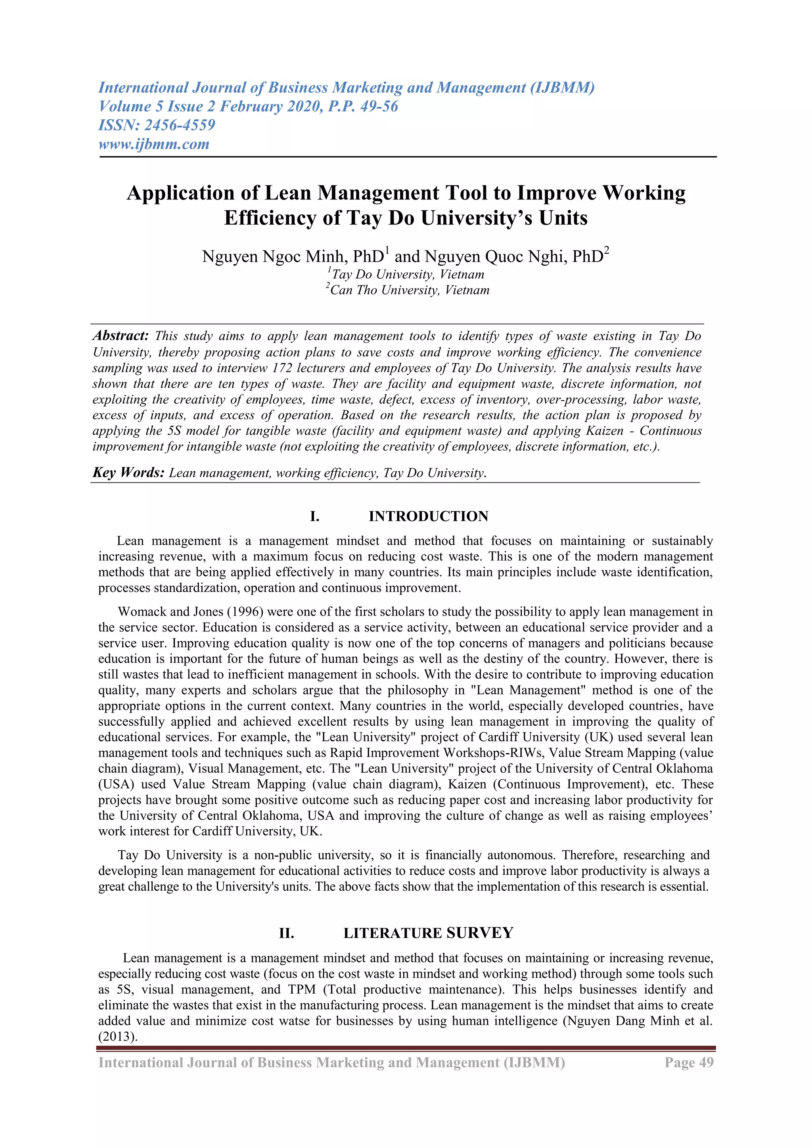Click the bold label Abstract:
pos(121,335)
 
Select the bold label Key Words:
pos(128,473)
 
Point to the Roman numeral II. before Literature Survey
pos(287,934)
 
